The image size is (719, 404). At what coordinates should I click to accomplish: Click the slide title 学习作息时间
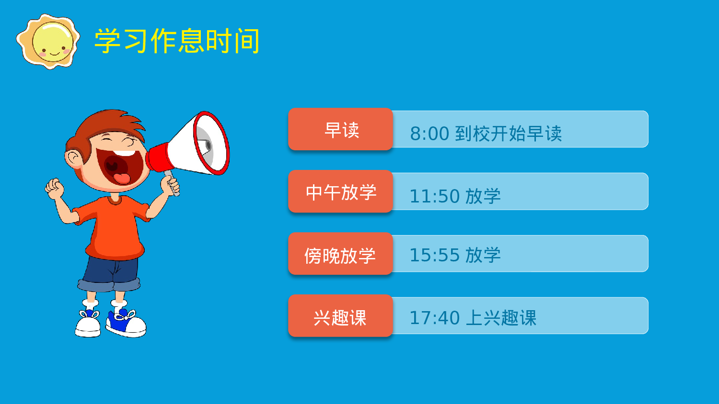[x=177, y=41]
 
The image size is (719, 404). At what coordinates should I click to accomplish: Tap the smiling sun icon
[x=48, y=41]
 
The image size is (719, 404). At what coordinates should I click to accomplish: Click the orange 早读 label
[x=341, y=130]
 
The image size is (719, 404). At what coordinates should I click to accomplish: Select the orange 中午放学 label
[x=341, y=192]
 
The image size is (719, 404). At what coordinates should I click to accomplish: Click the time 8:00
[x=429, y=134]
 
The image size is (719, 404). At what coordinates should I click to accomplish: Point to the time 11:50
[x=435, y=196]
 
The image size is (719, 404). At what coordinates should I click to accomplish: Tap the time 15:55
[x=435, y=255]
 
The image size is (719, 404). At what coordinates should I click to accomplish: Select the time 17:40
[x=435, y=317]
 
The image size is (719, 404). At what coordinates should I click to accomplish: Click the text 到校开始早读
[x=508, y=134]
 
